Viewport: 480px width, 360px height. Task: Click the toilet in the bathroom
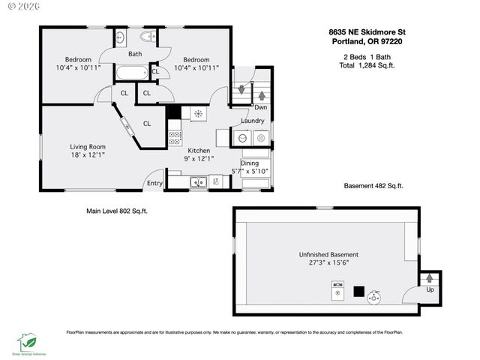(x=147, y=36)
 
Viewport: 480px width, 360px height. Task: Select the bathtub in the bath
(x=133, y=73)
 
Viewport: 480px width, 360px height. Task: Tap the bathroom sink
(x=121, y=37)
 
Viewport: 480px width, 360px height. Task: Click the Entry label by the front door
(x=154, y=183)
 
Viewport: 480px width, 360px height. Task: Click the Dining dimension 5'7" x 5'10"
(x=254, y=172)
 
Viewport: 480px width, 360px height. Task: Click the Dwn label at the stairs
(x=261, y=107)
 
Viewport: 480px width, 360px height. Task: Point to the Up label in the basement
(x=430, y=289)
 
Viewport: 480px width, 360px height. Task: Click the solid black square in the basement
(x=359, y=289)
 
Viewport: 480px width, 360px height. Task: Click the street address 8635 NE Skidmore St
(x=367, y=32)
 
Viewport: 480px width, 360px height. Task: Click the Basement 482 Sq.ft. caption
(x=373, y=186)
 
